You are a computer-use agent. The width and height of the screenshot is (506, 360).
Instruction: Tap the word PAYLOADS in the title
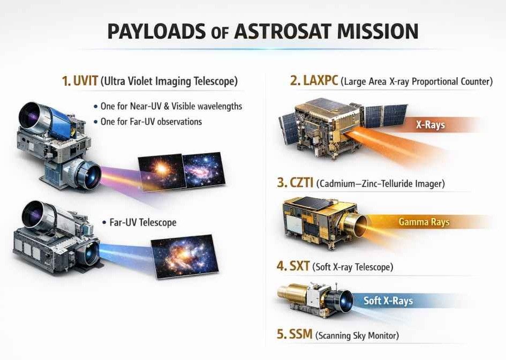tap(156, 31)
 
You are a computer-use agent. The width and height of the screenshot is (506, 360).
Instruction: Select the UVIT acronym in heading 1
tap(86, 80)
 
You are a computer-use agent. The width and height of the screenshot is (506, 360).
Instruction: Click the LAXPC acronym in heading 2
tap(321, 80)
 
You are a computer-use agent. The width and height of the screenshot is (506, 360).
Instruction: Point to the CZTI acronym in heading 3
tap(301, 183)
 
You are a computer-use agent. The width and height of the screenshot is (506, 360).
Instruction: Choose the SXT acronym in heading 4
tap(299, 266)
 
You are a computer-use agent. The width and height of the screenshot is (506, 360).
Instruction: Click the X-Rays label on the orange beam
tap(430, 125)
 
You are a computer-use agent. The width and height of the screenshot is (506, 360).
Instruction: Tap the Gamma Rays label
tap(424, 222)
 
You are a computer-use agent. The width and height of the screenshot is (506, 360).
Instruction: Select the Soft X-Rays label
tap(388, 301)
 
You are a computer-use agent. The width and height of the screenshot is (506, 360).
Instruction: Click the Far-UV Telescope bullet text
tap(143, 222)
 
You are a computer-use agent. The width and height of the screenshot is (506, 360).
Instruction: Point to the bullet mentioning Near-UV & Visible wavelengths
tap(171, 106)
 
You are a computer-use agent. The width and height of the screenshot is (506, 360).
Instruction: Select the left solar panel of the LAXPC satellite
tap(289, 129)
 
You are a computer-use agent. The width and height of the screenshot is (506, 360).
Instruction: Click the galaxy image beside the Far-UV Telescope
tap(185, 257)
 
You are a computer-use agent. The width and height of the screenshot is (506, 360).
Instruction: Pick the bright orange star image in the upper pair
tap(162, 172)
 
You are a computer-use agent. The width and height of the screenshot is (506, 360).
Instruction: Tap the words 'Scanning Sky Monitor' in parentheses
tap(357, 335)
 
